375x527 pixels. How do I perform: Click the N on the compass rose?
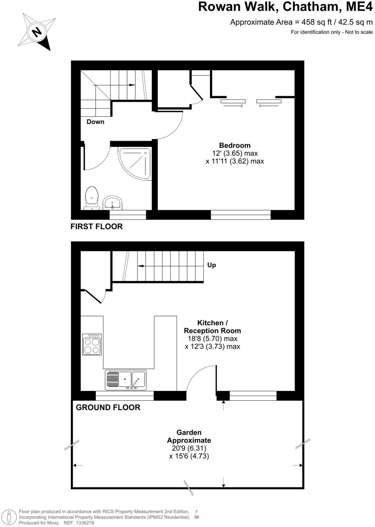click(x=37, y=32)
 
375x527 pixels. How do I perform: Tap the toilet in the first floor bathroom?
click(x=92, y=198)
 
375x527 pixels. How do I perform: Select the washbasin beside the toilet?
click(x=113, y=203)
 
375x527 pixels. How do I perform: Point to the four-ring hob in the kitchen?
click(x=92, y=344)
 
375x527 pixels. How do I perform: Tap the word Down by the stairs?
click(x=95, y=122)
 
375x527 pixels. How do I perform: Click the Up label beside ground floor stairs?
click(x=211, y=265)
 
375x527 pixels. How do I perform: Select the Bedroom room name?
click(x=235, y=145)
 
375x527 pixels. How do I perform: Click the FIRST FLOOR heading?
click(x=97, y=226)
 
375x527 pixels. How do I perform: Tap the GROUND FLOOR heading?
click(x=108, y=407)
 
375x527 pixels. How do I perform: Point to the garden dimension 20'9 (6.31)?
click(x=189, y=448)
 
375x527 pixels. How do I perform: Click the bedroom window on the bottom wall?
click(x=241, y=215)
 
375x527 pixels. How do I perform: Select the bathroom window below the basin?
click(x=128, y=215)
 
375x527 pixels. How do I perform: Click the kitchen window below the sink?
click(x=125, y=396)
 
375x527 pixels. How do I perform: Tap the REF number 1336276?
click(x=85, y=523)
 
